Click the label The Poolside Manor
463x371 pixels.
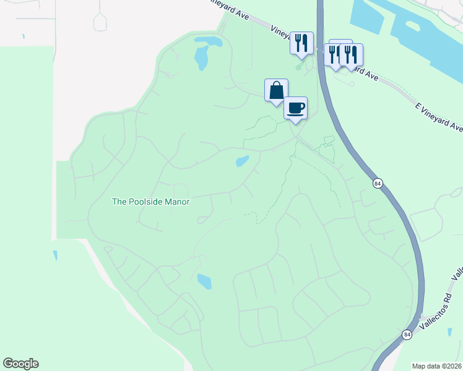click(x=150, y=202)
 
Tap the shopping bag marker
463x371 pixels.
click(x=276, y=90)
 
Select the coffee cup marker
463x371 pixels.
click(x=295, y=108)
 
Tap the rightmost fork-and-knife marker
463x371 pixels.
click(x=351, y=55)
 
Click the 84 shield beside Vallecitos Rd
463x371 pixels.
click(x=407, y=335)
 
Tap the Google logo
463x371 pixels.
click(x=20, y=364)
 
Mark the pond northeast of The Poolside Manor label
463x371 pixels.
click(x=241, y=162)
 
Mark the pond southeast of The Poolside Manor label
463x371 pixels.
click(x=204, y=282)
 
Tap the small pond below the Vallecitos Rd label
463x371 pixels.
click(x=450, y=332)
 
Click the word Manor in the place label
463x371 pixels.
click(x=174, y=202)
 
